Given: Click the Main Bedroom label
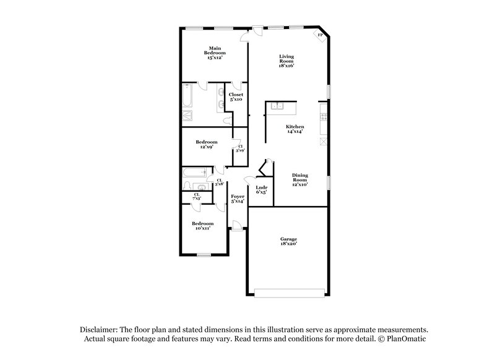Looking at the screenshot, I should click(215, 53).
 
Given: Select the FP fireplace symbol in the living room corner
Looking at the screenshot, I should click(320, 36).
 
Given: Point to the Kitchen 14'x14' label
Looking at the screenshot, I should click(295, 129).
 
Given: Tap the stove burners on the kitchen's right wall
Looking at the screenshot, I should click(323, 115).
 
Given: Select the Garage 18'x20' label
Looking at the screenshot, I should click(288, 241).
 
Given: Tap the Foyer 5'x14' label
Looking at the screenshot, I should click(238, 199).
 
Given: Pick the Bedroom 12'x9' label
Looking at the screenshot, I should click(206, 144).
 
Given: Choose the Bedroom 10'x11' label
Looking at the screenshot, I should click(202, 226).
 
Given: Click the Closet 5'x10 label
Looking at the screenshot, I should click(236, 96).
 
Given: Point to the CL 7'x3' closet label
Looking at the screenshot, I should click(197, 196).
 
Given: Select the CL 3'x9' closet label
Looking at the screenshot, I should click(239, 148).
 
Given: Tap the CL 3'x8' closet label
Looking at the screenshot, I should click(219, 182).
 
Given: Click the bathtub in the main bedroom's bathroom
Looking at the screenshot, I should click(188, 98).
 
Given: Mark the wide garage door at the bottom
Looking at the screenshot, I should click(288, 291).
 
